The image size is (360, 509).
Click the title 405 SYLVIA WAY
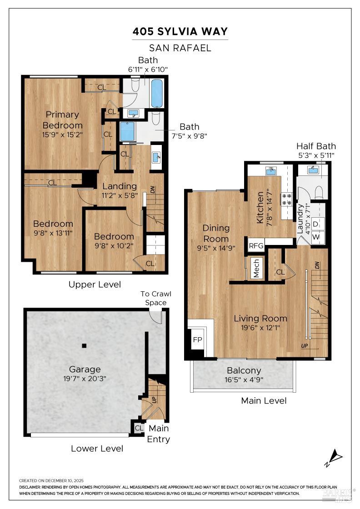coord(180,31)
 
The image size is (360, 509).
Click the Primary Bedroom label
coord(62,120)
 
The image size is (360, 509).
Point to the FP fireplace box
coord(197,339)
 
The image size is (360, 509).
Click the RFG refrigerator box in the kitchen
coord(256,245)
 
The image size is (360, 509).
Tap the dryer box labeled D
coord(316,223)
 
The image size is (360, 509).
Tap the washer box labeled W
coord(316,237)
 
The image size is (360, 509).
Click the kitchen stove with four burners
coord(287,200)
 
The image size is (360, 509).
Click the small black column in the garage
coord(84,346)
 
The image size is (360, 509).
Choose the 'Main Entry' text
coord(158,434)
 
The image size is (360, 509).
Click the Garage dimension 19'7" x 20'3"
coord(85,378)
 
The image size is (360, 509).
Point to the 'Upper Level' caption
coord(95,284)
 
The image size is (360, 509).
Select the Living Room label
coord(260,318)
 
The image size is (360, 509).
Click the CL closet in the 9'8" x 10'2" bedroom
coord(150,263)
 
